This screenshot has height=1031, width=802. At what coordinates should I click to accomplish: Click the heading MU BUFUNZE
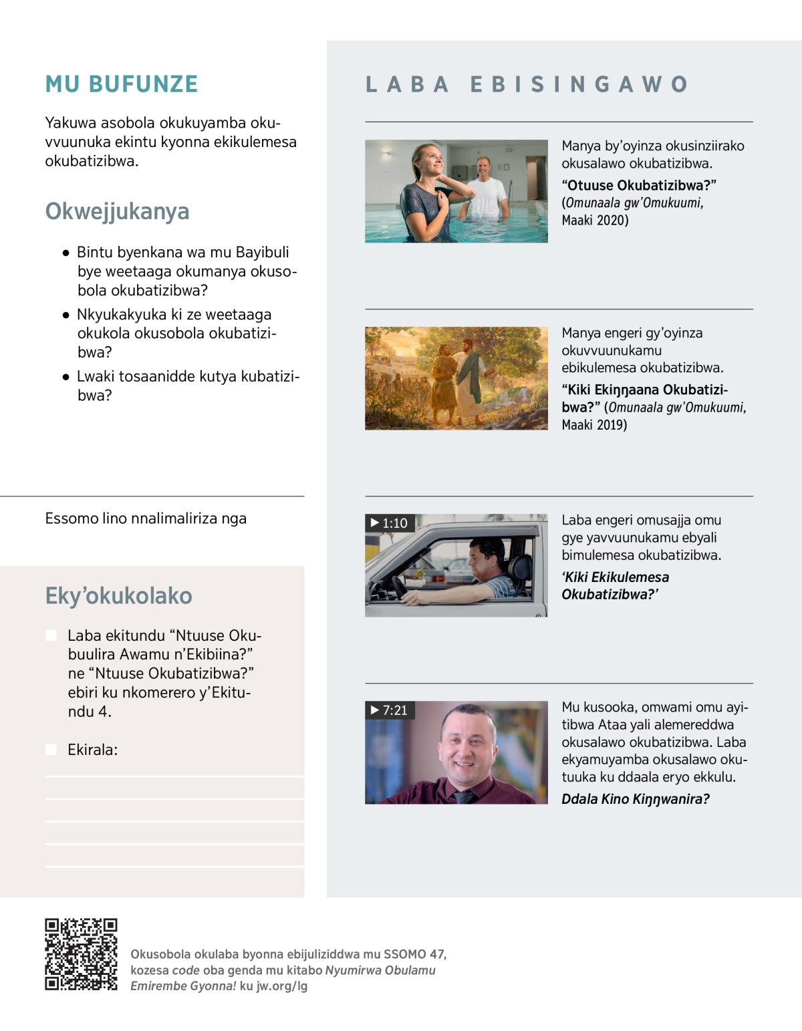tap(122, 84)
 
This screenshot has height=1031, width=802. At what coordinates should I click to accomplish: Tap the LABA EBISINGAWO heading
tap(527, 84)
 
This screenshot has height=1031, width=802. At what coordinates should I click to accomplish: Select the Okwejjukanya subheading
tap(117, 211)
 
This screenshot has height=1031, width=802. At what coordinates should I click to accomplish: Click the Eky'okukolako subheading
tap(118, 595)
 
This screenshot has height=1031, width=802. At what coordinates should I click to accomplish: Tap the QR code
tap(81, 954)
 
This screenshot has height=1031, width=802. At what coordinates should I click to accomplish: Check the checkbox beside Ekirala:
tap(51, 750)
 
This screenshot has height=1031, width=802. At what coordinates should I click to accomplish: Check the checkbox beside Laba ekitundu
tap(51, 635)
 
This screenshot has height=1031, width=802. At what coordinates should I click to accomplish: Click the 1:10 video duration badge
tap(389, 523)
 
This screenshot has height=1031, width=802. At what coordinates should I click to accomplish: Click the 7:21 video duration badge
tap(389, 710)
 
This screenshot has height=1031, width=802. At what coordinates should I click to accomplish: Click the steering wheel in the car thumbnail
tap(400, 587)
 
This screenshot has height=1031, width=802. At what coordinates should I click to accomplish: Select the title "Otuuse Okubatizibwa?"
tap(638, 185)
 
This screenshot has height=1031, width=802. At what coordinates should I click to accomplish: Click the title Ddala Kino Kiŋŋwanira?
tap(635, 799)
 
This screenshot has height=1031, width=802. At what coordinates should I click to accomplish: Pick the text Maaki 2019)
tap(594, 425)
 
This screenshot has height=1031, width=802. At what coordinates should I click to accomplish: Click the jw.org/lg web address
tap(282, 986)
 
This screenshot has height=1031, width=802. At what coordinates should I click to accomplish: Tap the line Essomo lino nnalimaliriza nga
tap(146, 519)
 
